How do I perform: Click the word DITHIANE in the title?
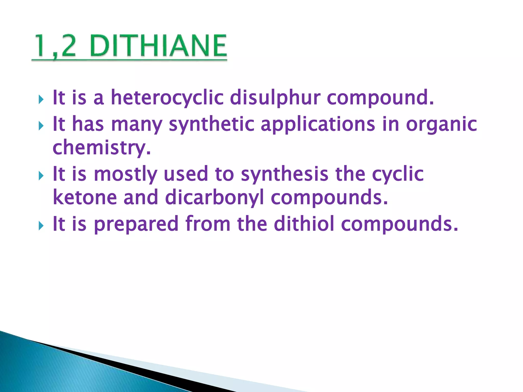pos(158,46)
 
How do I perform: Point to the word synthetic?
pos(212,124)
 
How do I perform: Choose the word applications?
pos(318,124)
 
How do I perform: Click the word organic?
pos(441,125)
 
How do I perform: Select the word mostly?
pos(125,174)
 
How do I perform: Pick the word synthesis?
pos(284,174)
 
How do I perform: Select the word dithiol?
pos(304,224)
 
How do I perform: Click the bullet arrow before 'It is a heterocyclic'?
pos(41,99)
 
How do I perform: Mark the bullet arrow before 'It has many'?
pos(41,126)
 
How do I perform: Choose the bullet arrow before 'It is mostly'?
pos(41,176)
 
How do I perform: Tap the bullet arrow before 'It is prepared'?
pos(41,226)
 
